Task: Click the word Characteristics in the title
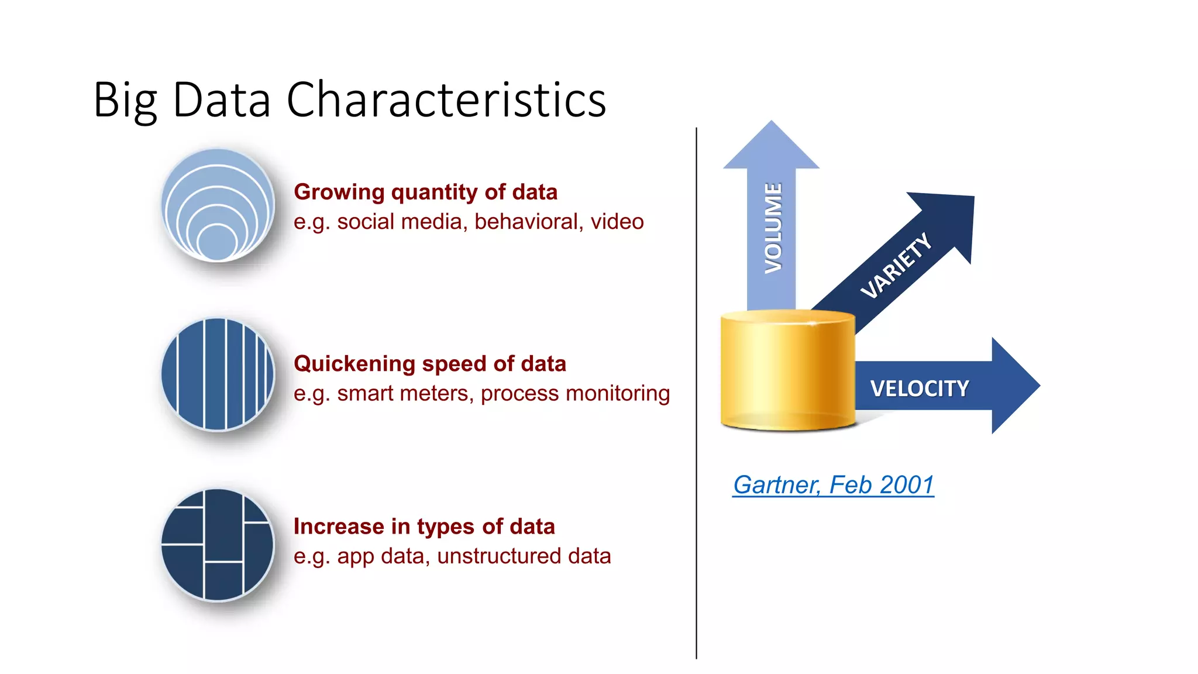(x=446, y=99)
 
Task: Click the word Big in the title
(x=125, y=101)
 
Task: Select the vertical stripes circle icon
(x=218, y=374)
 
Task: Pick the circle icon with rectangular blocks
(x=218, y=545)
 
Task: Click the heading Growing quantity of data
(x=425, y=192)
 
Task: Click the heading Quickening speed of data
(x=429, y=363)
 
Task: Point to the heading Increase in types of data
(x=424, y=526)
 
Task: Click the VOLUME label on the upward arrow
(x=773, y=228)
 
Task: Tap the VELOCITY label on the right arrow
(x=919, y=388)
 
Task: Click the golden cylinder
(x=787, y=372)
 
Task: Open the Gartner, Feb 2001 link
(x=833, y=485)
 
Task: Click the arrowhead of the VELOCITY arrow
(x=1013, y=386)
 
